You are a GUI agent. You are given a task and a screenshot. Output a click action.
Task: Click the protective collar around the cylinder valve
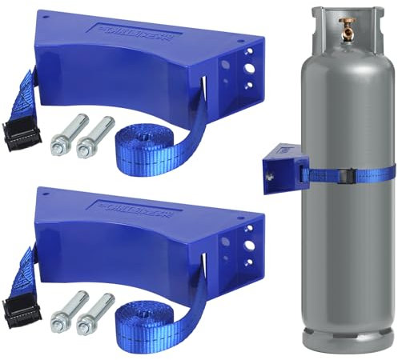pyautogui.click(x=348, y=20)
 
